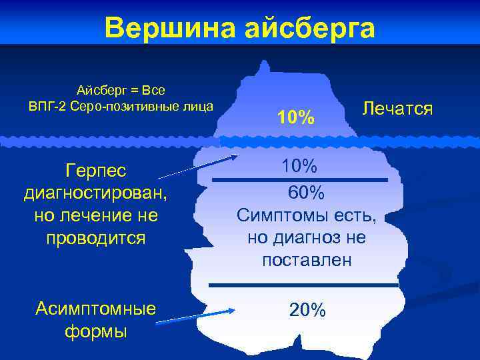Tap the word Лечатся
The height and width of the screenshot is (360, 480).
coord(397,107)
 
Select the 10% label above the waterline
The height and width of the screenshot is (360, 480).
coord(297,118)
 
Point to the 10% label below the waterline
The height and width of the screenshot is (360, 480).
coord(297,165)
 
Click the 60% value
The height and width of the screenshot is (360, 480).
coord(306,193)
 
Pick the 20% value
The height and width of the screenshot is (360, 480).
coord(307,309)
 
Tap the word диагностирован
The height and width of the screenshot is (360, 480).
coord(95,193)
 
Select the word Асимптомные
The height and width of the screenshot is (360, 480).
coord(95,308)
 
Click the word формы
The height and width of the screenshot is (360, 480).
coord(95,331)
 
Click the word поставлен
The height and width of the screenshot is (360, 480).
coord(307,260)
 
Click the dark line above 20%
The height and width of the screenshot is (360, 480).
coord(304,285)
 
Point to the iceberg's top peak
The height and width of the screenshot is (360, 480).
coord(265,64)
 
